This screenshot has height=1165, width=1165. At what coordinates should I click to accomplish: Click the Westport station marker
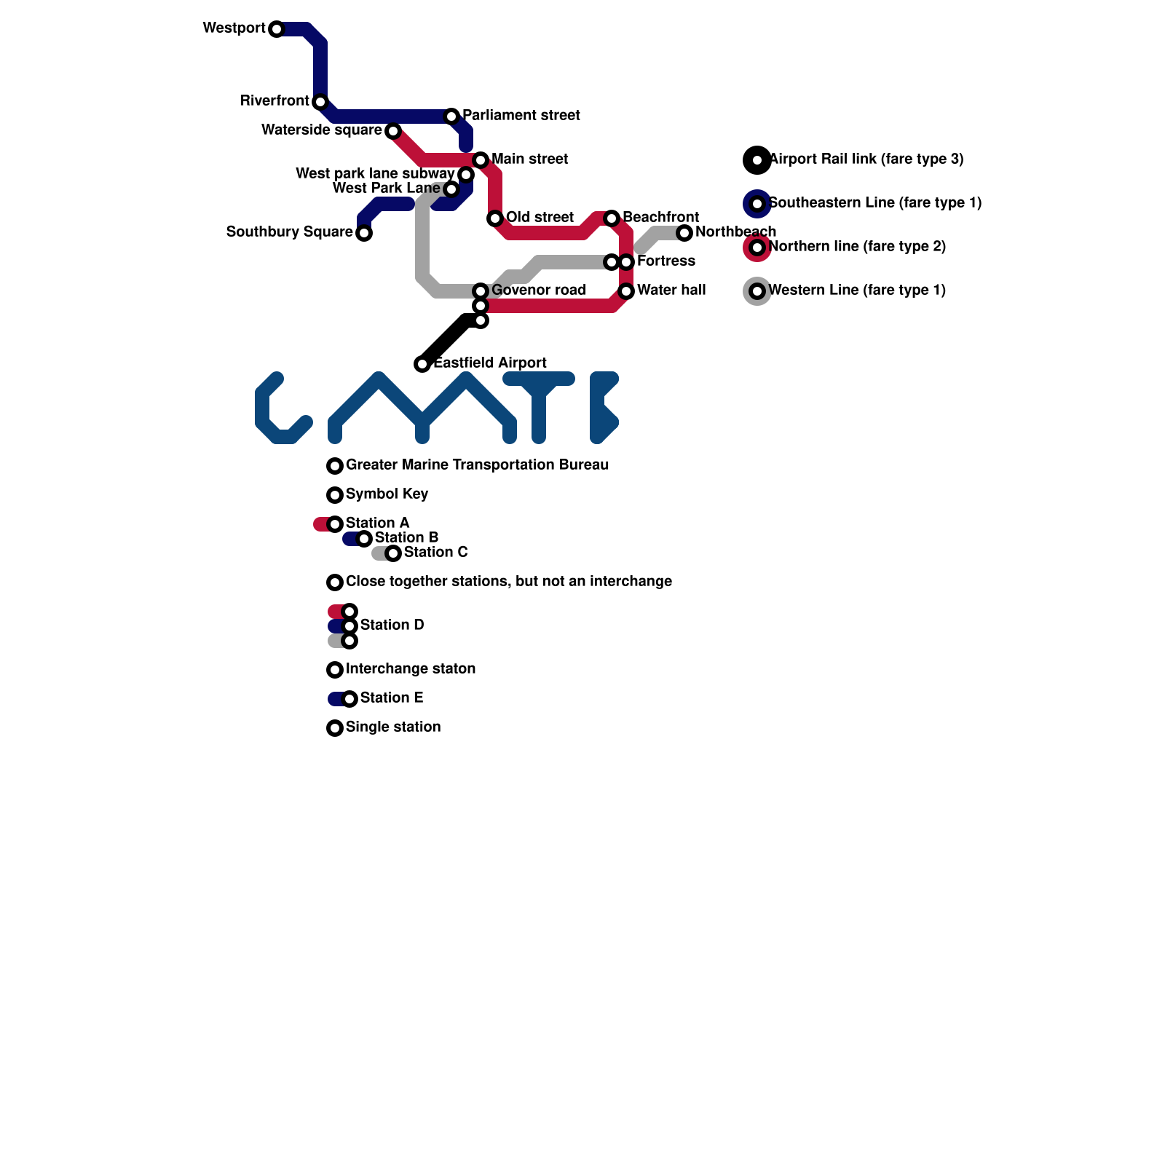[x=276, y=29]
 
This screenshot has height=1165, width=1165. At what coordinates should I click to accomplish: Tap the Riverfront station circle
[x=320, y=102]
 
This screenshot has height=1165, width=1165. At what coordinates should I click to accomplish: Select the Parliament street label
[x=521, y=116]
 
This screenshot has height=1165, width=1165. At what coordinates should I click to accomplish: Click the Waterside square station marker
[x=393, y=131]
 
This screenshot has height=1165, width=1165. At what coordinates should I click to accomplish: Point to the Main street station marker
[x=481, y=160]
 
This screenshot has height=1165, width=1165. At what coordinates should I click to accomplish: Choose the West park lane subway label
[x=374, y=174]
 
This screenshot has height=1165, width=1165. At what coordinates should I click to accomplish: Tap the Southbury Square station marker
[x=364, y=233]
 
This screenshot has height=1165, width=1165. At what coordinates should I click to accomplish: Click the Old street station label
[x=540, y=218]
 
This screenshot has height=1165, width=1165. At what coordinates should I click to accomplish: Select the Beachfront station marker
[x=612, y=218]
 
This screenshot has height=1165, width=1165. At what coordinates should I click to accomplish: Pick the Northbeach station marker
[x=684, y=233]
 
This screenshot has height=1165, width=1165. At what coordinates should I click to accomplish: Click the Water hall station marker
[x=626, y=291]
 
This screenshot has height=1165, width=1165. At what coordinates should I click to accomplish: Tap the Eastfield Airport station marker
[x=422, y=364]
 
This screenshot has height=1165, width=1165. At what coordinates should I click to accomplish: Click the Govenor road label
[x=538, y=291]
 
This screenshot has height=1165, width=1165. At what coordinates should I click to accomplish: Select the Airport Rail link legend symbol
[x=757, y=160]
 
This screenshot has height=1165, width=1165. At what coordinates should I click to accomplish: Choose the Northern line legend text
[x=857, y=247]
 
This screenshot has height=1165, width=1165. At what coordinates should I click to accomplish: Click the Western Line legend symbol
[x=757, y=291]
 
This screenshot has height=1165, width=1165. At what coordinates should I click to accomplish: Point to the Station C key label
[x=435, y=553]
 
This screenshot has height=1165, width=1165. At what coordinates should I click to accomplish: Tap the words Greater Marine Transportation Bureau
[x=477, y=465]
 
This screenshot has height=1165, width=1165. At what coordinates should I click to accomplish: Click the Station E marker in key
[x=349, y=699]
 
